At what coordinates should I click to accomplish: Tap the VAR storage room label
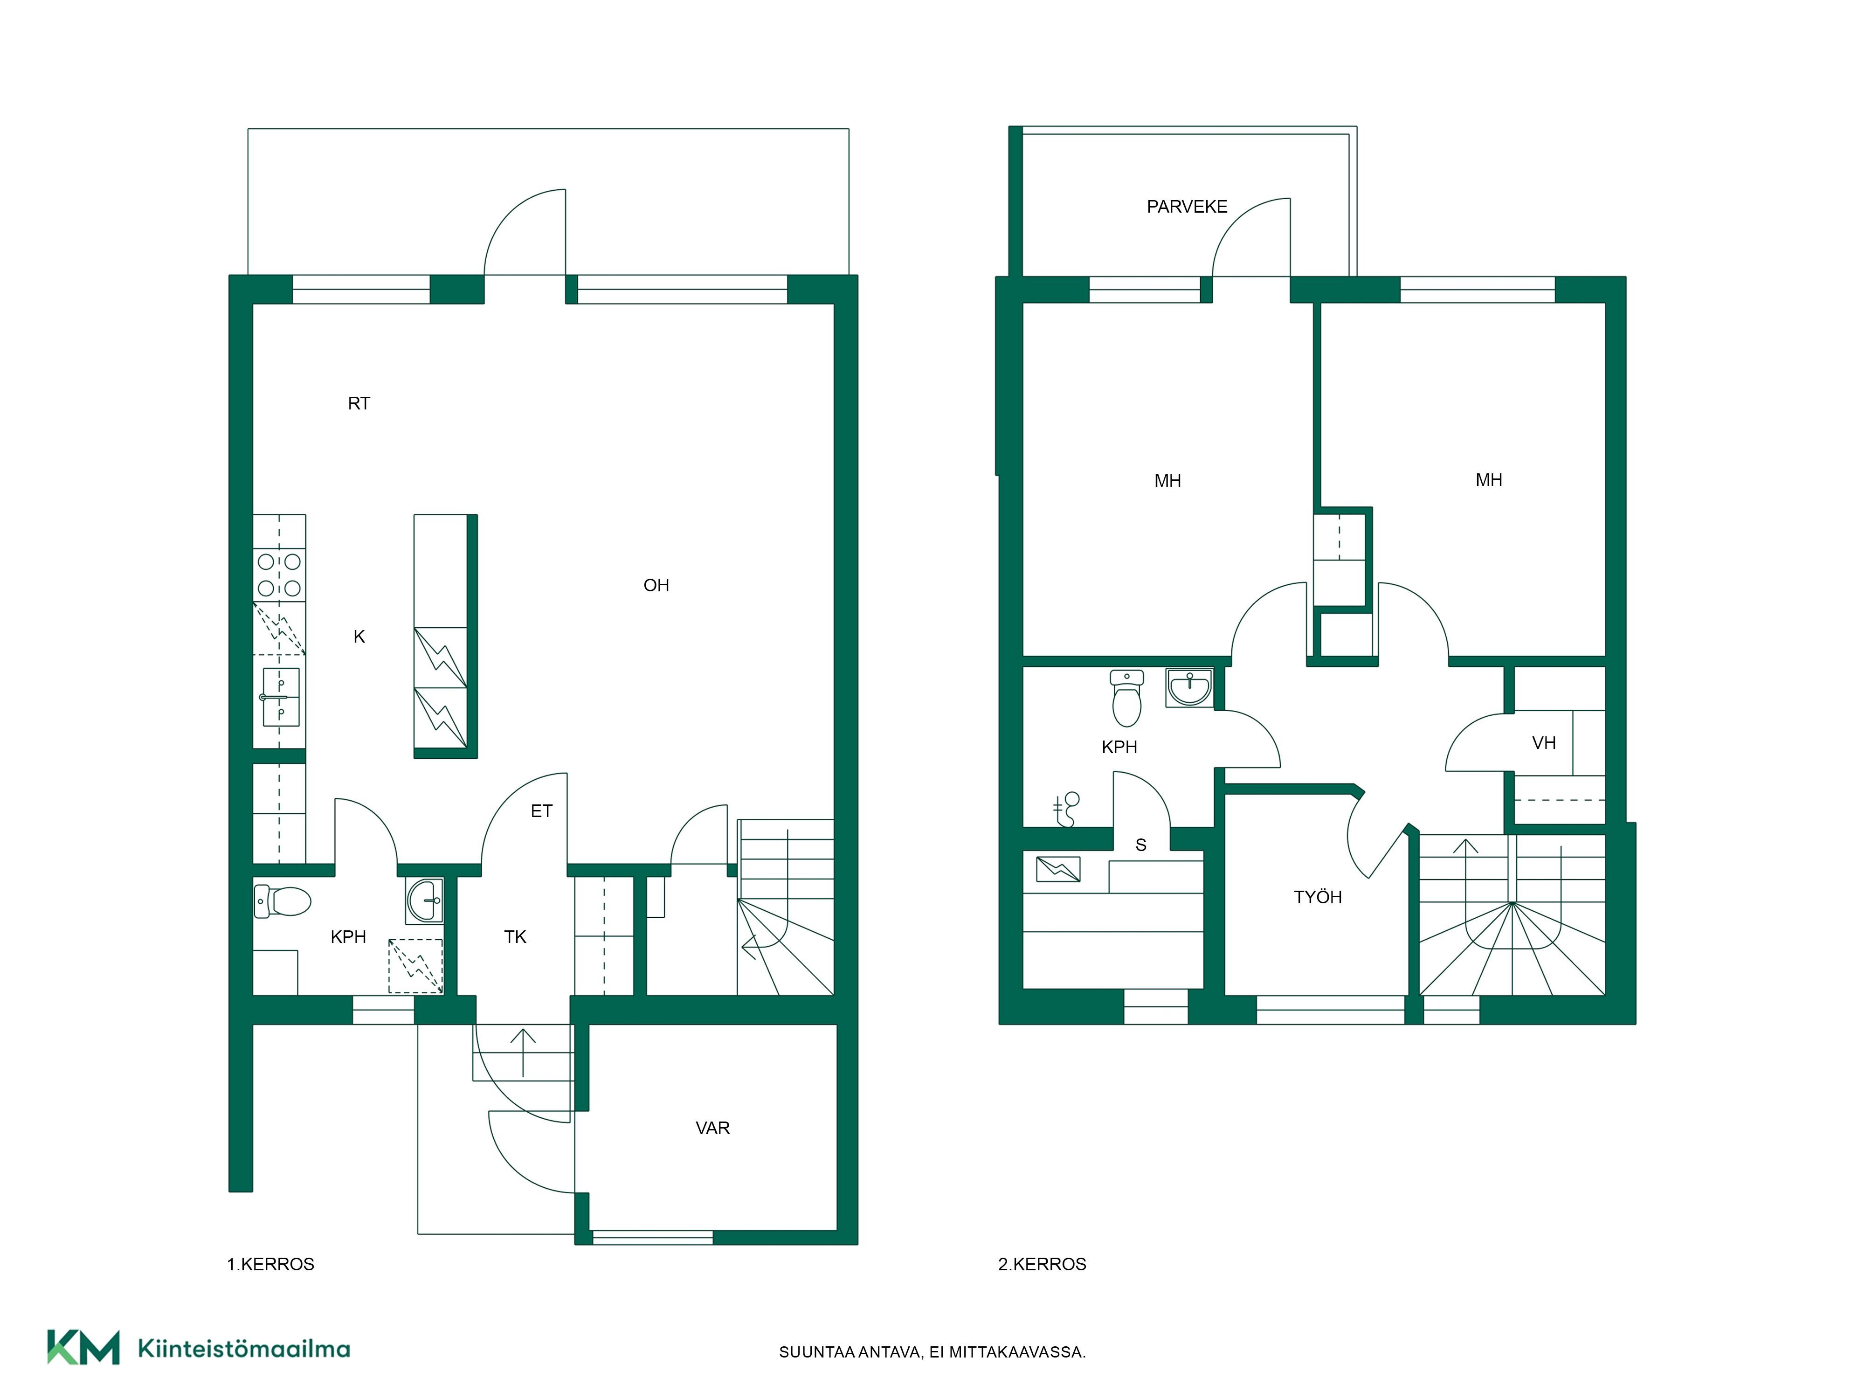(x=712, y=1129)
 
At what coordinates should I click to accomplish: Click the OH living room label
(x=656, y=585)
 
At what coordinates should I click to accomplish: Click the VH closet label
(x=1544, y=743)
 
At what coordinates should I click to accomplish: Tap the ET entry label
(x=541, y=811)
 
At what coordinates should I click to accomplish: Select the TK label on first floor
(x=515, y=937)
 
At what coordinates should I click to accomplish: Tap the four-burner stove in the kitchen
(x=279, y=574)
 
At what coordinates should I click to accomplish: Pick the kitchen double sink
(x=281, y=697)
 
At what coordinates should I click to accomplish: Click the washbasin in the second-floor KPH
(x=1189, y=687)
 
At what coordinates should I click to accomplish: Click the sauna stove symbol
(x=1058, y=869)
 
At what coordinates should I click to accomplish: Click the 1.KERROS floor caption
(x=270, y=1264)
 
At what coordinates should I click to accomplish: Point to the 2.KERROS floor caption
(x=1042, y=1264)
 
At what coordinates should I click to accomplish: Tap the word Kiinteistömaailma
(x=244, y=1349)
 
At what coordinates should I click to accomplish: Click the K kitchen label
(x=359, y=637)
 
